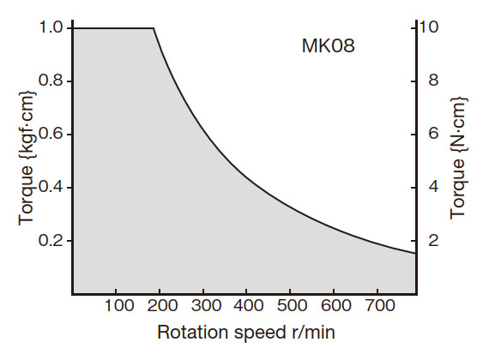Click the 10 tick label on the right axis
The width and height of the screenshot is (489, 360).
pos(429,27)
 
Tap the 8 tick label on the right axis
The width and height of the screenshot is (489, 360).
pos(434,81)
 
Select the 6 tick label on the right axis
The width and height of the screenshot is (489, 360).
pos(434,135)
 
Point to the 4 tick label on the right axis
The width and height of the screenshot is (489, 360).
pos(434,188)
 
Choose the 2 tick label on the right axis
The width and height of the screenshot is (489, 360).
pos(434,241)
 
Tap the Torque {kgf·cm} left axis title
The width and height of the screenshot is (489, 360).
pos(26,160)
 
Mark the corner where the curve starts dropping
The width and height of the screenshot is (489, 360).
pos(154,28)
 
